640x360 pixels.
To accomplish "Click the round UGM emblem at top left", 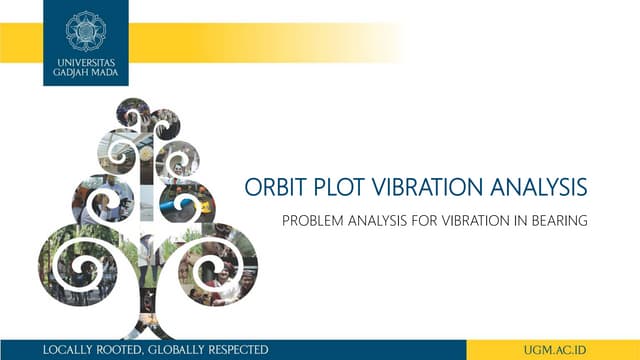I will [x=85, y=30].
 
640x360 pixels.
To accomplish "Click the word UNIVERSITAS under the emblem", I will [x=85, y=62].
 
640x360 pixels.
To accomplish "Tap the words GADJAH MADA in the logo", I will [x=85, y=73].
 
